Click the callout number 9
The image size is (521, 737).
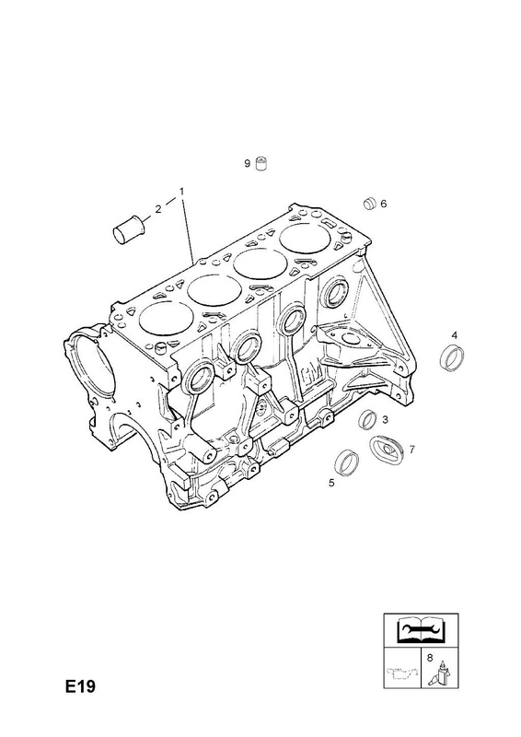pos(247,164)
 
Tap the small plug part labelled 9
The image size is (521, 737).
pos(261,164)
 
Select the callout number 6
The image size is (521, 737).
pos(383,204)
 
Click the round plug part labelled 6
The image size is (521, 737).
pos(370,203)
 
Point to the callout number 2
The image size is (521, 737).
pos(157,209)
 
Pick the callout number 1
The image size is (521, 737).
pos(180,192)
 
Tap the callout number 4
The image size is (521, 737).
pos(455,335)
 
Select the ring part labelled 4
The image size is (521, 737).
pos(452,357)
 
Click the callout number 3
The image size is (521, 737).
pos(385,420)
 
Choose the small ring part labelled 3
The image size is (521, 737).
pos(367,419)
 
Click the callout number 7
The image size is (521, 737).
pos(411,450)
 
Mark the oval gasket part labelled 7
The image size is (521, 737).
pos(387,450)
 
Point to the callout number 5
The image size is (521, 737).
pos(331,483)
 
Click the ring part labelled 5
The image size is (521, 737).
pos(346,462)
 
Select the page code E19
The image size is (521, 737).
pos(80,686)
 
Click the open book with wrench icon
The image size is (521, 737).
pos(420,630)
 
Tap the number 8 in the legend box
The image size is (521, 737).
pos(429,659)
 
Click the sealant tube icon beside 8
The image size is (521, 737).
pos(440,673)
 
